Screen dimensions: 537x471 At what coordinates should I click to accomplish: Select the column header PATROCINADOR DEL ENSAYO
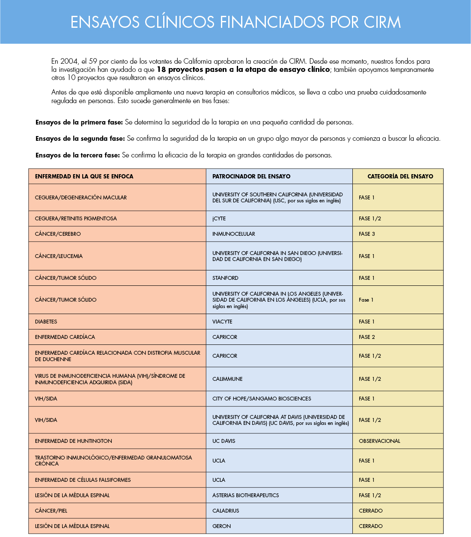(251, 176)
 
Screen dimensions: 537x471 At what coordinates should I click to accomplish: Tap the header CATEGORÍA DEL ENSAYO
(400, 176)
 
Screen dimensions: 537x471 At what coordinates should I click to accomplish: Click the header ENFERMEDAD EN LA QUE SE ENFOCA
(84, 176)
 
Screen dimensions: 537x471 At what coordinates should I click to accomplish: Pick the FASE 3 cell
(367, 234)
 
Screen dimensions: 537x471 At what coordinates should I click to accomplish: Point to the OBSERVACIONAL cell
(379, 441)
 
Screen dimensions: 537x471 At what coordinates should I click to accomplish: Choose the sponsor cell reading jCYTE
(219, 219)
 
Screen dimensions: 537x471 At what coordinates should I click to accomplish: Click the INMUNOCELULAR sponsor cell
(233, 234)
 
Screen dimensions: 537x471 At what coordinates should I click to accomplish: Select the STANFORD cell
(225, 278)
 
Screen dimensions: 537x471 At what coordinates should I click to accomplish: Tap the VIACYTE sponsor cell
(222, 322)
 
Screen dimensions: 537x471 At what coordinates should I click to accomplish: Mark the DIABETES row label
(46, 322)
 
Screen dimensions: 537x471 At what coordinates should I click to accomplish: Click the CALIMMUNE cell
(227, 379)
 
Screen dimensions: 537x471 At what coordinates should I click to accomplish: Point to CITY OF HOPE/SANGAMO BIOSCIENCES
(262, 399)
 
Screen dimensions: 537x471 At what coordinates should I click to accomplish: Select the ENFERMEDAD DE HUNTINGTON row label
(73, 441)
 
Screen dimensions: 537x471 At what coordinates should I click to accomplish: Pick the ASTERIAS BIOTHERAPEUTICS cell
(245, 495)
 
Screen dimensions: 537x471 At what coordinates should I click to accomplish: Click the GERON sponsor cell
(221, 526)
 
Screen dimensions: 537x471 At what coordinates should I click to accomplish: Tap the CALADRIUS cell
(226, 511)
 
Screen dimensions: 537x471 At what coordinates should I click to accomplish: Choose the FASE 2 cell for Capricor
(367, 337)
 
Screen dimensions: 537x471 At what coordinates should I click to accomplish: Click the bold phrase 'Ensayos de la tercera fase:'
(78, 155)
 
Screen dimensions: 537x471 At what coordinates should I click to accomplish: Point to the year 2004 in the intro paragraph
(69, 62)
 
